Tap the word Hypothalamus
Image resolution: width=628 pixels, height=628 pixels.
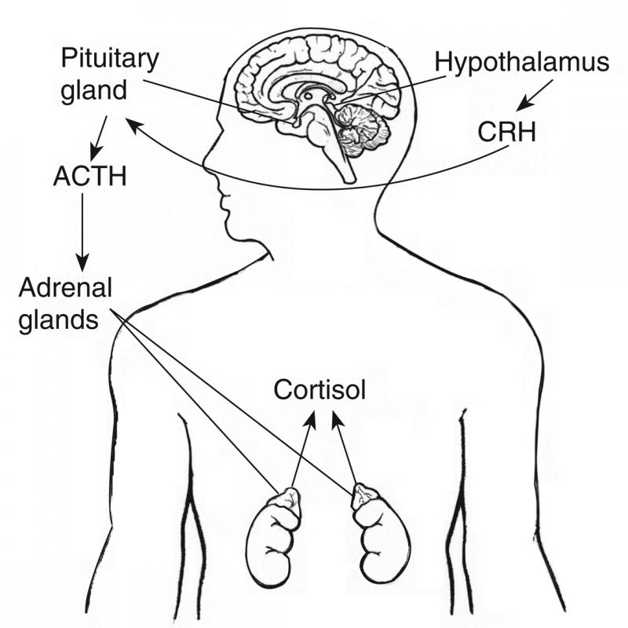(522, 64)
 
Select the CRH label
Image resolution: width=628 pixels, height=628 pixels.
(506, 132)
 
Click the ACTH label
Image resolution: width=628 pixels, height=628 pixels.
(89, 176)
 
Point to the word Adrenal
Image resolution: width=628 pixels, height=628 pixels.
(65, 287)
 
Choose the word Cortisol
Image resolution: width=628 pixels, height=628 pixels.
(319, 389)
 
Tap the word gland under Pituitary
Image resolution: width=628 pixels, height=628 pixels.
(93, 91)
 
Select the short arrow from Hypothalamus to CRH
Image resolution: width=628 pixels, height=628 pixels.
(535, 95)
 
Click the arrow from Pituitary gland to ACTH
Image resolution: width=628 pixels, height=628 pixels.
(99, 139)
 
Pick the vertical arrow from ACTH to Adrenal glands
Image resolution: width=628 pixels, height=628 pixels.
(82, 232)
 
